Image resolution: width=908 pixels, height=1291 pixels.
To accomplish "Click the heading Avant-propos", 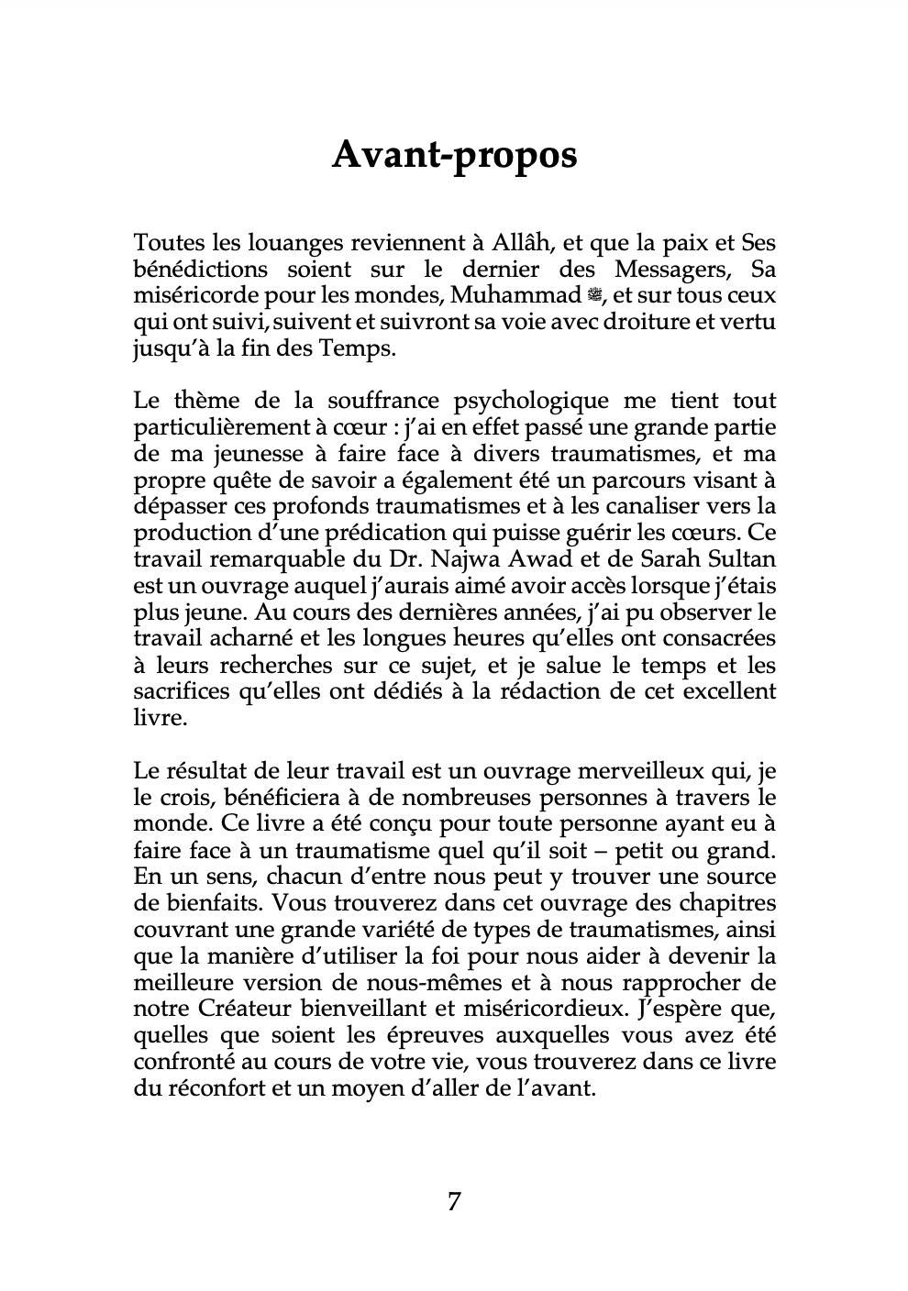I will tap(454, 155).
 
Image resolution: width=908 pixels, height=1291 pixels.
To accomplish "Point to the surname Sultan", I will tap(746, 559).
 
